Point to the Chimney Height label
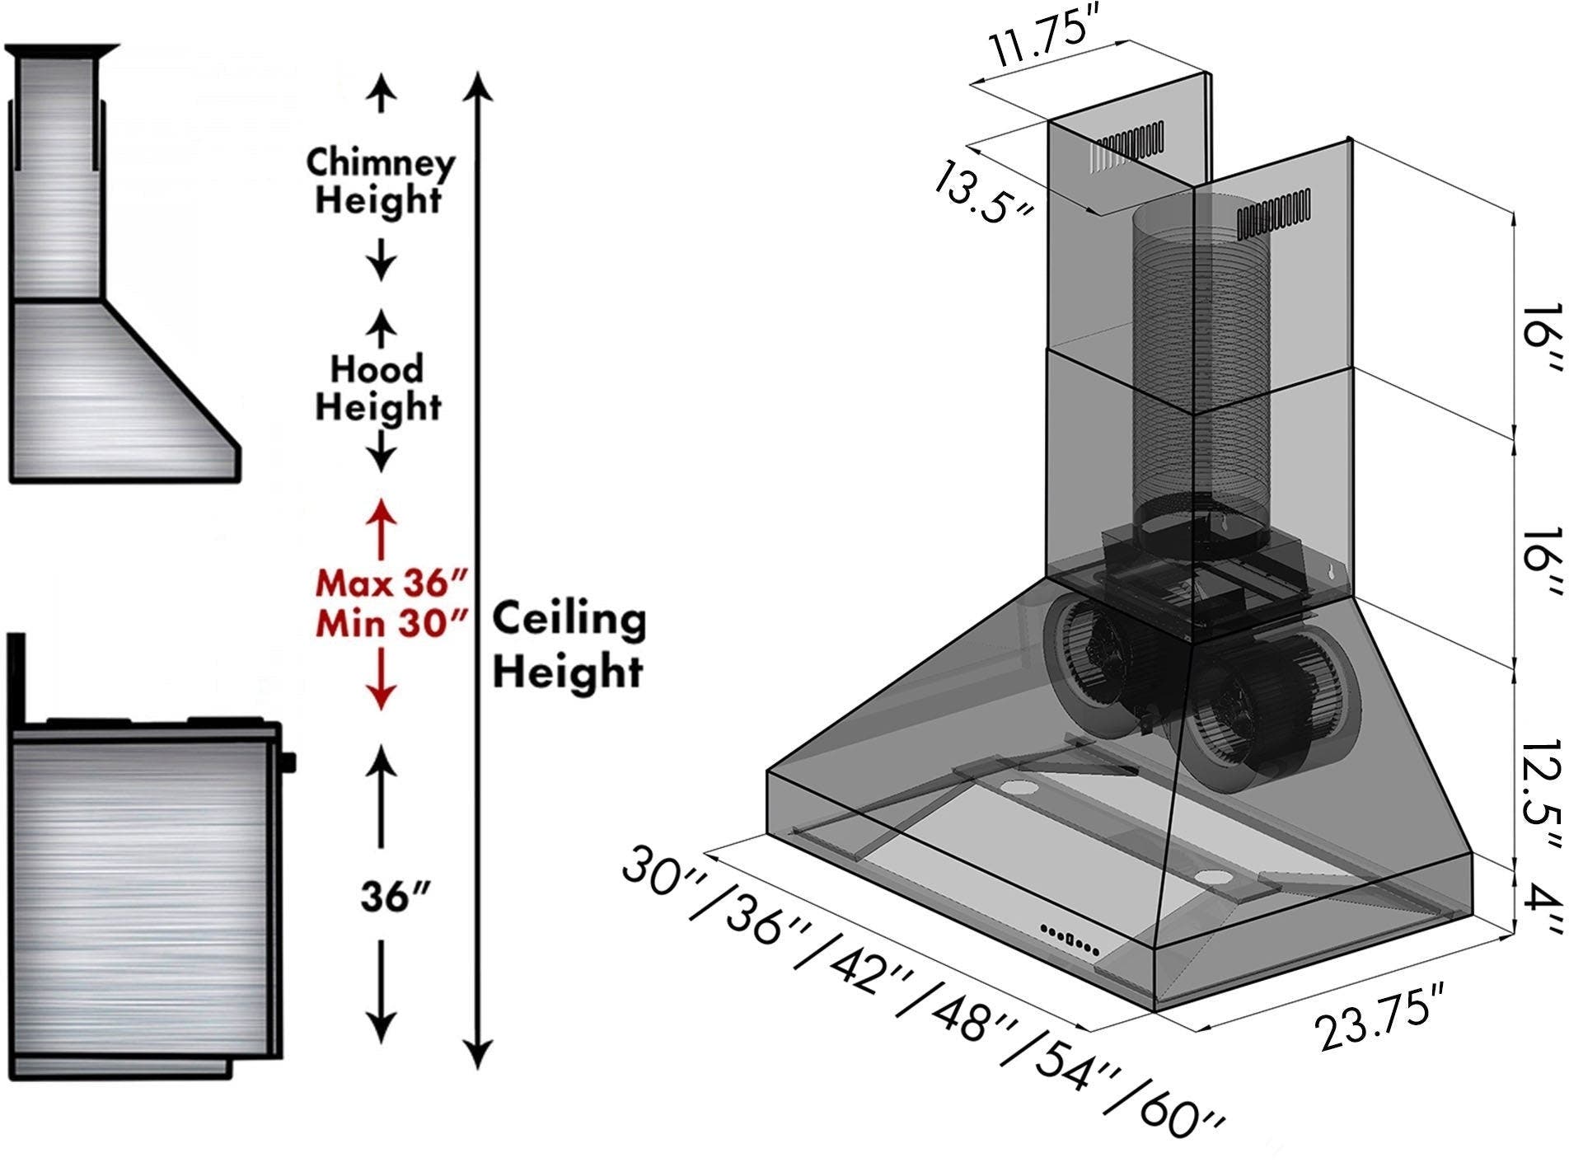tap(379, 180)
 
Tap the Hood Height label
tap(378, 387)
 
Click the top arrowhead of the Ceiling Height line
tap(479, 87)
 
